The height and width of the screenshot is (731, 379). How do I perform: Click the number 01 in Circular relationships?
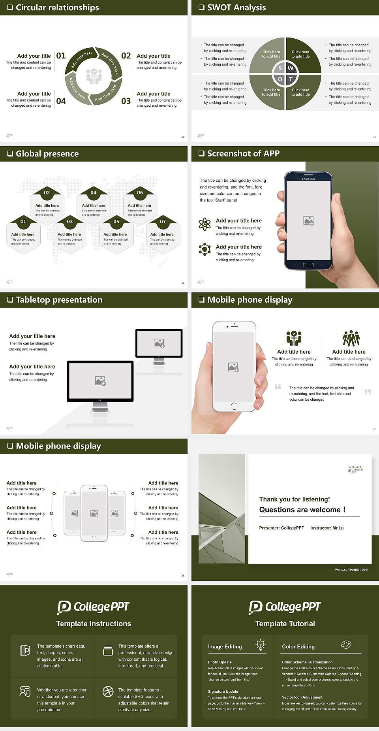[x=61, y=56]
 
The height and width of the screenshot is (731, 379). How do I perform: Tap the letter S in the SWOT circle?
[x=280, y=68]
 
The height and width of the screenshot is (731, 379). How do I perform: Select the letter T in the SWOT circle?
[x=291, y=79]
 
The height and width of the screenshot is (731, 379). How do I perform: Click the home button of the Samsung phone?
[x=308, y=265]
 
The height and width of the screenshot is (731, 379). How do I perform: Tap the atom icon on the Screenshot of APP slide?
[x=205, y=224]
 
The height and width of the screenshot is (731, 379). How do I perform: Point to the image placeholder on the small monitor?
[x=159, y=343]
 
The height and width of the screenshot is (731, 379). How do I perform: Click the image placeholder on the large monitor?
[x=100, y=381]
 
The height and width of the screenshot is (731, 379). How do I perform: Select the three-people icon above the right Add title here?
[x=351, y=338]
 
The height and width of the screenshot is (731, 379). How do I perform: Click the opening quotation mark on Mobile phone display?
[x=278, y=386]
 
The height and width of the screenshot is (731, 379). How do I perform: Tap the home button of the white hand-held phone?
[x=234, y=406]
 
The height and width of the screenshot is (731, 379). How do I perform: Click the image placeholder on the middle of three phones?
[x=94, y=513]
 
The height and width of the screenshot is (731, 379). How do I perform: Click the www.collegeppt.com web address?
[x=351, y=569]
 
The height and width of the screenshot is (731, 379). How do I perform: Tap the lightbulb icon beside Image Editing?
[x=261, y=645]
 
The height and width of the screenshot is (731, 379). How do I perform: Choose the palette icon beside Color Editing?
[x=346, y=645]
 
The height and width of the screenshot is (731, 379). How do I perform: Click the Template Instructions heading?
[x=94, y=624]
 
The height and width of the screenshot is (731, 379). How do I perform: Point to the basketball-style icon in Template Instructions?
[x=108, y=691]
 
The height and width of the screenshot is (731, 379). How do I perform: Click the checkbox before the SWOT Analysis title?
[x=201, y=8]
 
